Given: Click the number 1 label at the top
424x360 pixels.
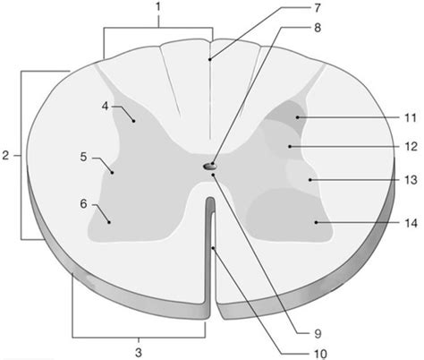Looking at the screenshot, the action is pyautogui.click(x=158, y=6).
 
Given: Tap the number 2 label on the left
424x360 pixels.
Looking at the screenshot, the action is pyautogui.click(x=5, y=156).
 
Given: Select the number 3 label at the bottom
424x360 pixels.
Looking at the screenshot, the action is pyautogui.click(x=139, y=353).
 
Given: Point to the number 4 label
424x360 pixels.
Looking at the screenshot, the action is pyautogui.click(x=105, y=106).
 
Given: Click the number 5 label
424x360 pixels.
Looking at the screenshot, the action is pyautogui.click(x=83, y=157).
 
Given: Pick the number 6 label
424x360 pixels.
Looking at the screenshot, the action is pyautogui.click(x=83, y=204).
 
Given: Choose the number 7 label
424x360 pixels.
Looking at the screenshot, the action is pyautogui.click(x=318, y=8).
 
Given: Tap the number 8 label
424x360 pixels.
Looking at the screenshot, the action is pyautogui.click(x=318, y=28).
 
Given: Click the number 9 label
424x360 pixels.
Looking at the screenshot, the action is pyautogui.click(x=318, y=334).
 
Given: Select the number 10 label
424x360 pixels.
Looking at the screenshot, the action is pyautogui.click(x=320, y=354).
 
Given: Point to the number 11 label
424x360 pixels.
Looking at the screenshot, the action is pyautogui.click(x=411, y=118).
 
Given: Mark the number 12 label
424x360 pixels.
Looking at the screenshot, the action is pyautogui.click(x=411, y=147).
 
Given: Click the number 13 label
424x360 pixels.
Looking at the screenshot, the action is pyautogui.click(x=411, y=180).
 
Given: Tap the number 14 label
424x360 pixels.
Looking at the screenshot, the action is pyautogui.click(x=411, y=223).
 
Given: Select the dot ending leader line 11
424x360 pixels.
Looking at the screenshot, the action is pyautogui.click(x=297, y=117).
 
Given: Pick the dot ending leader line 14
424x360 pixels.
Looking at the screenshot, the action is pyautogui.click(x=316, y=223).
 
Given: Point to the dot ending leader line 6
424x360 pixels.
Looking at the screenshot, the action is pyautogui.click(x=109, y=222).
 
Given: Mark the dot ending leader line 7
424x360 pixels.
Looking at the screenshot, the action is pyautogui.click(x=209, y=59).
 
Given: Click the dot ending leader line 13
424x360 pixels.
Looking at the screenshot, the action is pyautogui.click(x=310, y=180).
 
